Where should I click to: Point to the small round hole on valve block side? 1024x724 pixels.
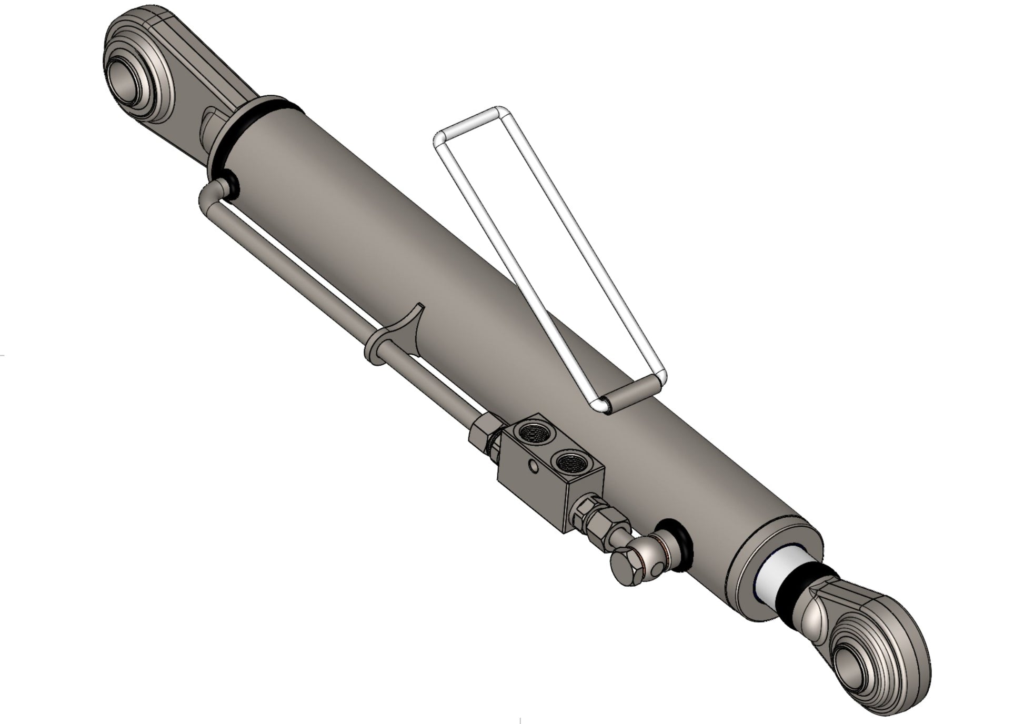[534, 465]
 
